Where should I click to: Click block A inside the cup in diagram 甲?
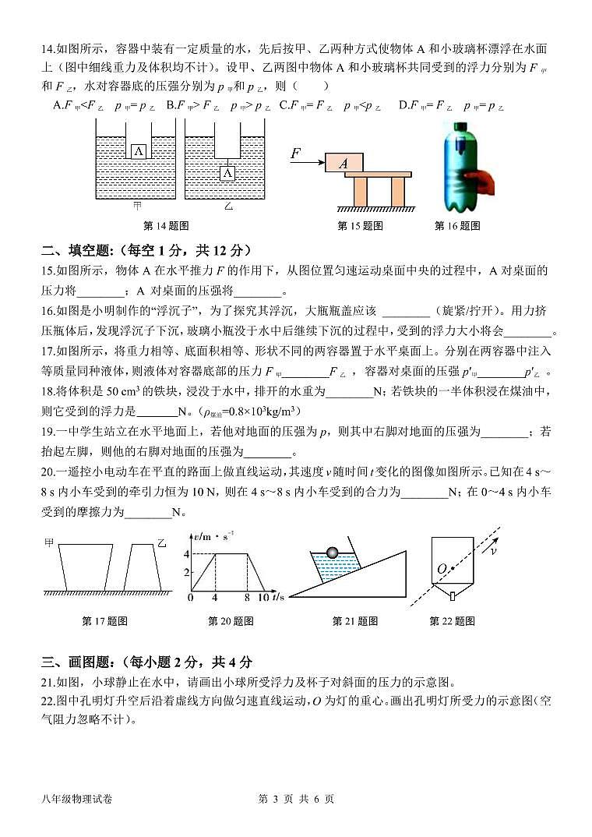point(138,151)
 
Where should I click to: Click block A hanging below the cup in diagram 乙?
point(227,173)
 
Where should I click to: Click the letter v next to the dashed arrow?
point(492,550)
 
